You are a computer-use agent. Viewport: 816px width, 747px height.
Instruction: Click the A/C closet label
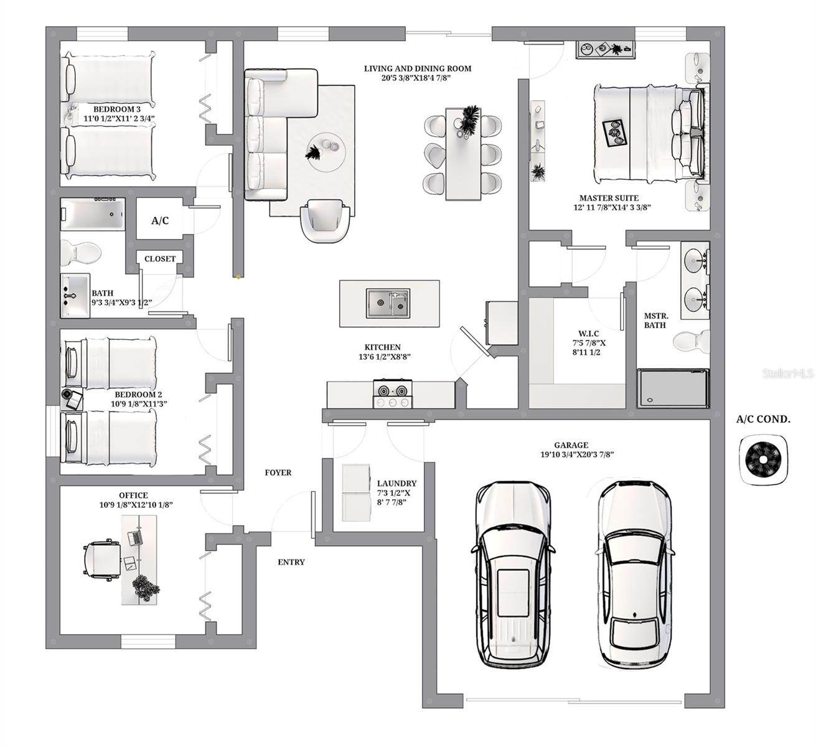[160, 221]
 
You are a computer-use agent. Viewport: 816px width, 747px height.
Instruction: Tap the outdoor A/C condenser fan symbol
[762, 459]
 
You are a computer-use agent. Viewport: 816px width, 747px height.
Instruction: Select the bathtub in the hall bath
[93, 214]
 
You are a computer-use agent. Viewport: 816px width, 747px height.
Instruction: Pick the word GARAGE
[571, 445]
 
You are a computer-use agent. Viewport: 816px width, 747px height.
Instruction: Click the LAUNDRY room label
[396, 483]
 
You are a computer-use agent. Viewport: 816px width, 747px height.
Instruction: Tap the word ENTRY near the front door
[291, 562]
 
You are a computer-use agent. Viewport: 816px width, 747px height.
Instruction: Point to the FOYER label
[278, 472]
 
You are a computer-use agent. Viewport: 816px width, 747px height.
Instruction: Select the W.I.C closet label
[588, 334]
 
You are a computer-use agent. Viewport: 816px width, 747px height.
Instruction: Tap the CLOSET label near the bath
[160, 259]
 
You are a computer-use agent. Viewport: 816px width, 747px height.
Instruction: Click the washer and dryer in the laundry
[357, 492]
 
